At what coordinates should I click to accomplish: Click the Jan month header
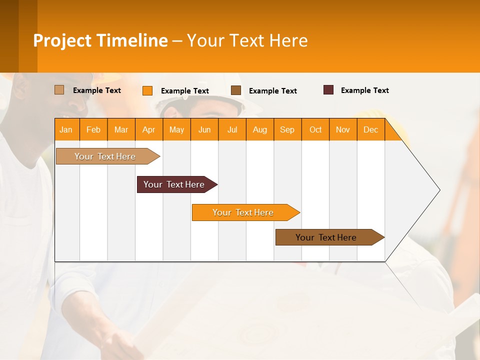pyautogui.click(x=66, y=129)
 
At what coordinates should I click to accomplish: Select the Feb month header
pyautogui.click(x=93, y=129)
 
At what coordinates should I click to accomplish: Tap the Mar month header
pyautogui.click(x=121, y=129)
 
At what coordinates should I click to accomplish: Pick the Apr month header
pyautogui.click(x=149, y=129)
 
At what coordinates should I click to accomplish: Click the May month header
pyautogui.click(x=176, y=129)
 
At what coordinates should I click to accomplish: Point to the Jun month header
pyautogui.click(x=204, y=129)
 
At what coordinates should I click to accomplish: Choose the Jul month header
pyautogui.click(x=232, y=129)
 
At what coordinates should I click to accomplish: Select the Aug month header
pyautogui.click(x=260, y=129)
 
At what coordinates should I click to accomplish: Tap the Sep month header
pyautogui.click(x=287, y=129)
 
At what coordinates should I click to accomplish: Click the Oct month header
pyautogui.click(x=315, y=129)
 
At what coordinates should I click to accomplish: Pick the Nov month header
pyautogui.click(x=343, y=129)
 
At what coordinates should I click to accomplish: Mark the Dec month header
pyautogui.click(x=371, y=129)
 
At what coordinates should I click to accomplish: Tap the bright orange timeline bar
pyautogui.click(x=243, y=212)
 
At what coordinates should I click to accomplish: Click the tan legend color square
pyautogui.click(x=59, y=90)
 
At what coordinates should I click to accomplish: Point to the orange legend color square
pyautogui.click(x=147, y=90)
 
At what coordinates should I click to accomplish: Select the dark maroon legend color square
pyautogui.click(x=328, y=90)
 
